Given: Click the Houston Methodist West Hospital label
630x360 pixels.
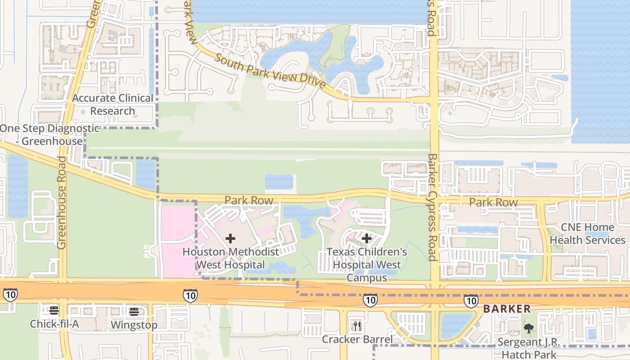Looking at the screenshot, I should [230, 258].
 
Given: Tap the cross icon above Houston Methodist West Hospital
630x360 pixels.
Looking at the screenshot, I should [230, 238].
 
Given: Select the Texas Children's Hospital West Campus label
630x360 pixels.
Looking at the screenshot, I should [367, 265].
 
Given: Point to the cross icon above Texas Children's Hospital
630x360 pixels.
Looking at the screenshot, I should [367, 238].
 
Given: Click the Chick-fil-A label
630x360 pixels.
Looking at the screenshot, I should [54, 324].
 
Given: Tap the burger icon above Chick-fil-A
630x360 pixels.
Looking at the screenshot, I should [54, 310].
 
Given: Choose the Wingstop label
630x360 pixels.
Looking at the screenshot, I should [134, 325].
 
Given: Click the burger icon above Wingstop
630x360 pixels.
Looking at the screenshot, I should [134, 311].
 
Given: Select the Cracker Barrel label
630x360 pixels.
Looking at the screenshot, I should [357, 339].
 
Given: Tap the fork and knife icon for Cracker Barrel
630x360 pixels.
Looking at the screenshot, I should [357, 326].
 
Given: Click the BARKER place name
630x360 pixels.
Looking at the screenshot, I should [507, 309].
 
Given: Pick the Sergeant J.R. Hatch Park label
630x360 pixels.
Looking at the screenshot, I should [529, 348].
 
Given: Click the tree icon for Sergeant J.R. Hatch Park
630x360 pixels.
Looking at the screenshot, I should [529, 328].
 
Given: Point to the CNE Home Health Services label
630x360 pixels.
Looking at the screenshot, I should [588, 234].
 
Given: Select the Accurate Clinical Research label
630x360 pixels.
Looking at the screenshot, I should [113, 104].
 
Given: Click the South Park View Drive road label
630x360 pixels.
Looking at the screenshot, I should [270, 71].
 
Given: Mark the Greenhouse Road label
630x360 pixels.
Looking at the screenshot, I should [62, 202].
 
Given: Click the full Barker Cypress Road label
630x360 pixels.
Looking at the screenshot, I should [432, 207].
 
